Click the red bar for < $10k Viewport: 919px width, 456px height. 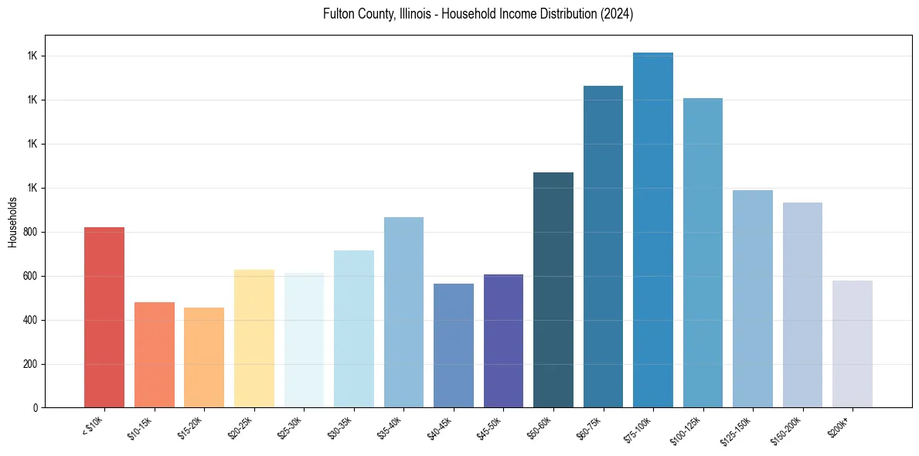coord(104,317)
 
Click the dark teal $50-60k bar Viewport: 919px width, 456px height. coord(553,290)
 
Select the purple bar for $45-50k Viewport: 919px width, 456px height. coord(504,341)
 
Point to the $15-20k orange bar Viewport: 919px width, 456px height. coord(204,358)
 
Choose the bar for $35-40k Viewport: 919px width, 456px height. coord(403,312)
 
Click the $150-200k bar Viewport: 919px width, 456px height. coord(802,305)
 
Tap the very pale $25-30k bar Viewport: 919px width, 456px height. coord(304,340)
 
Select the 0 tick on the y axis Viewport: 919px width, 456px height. coord(36,408)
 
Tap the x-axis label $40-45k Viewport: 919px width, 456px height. coord(443,427)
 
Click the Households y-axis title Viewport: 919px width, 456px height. coord(13,222)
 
